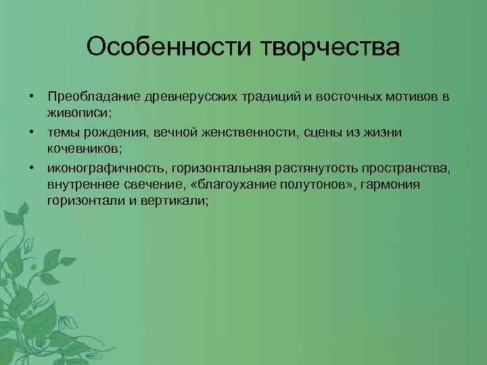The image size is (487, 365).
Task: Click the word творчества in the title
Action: [x=324, y=48]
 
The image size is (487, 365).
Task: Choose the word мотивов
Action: [x=409, y=97]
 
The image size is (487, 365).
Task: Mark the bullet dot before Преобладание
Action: [x=31, y=97]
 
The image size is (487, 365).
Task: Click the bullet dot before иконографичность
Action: [x=31, y=168]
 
